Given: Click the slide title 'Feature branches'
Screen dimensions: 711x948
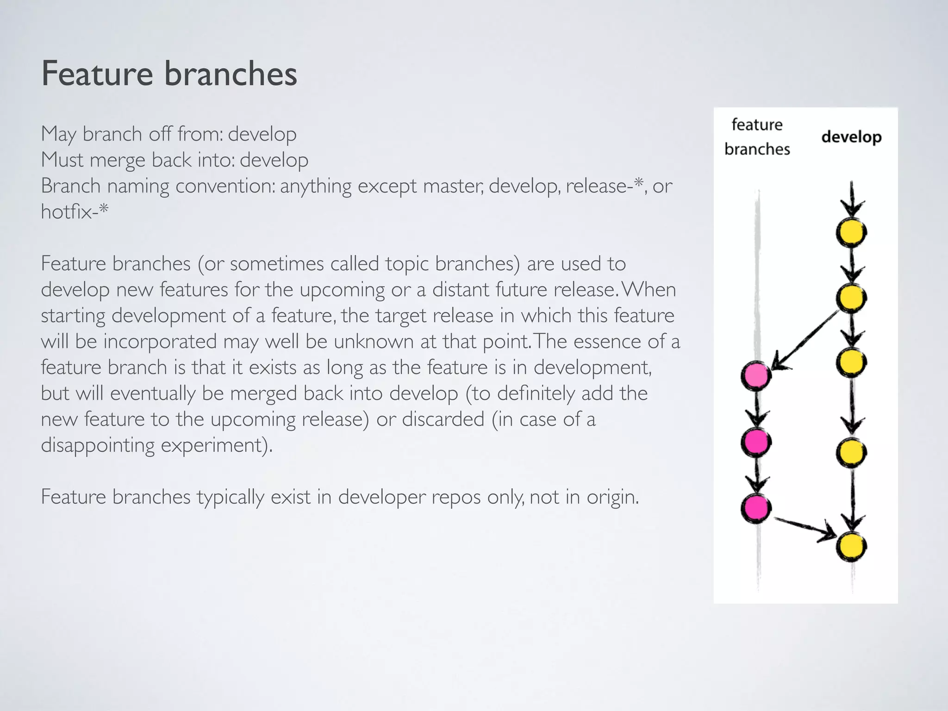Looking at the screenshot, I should [x=169, y=74].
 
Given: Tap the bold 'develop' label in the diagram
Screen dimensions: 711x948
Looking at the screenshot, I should [x=851, y=137].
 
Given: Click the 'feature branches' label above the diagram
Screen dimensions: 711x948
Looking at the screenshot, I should [x=757, y=137].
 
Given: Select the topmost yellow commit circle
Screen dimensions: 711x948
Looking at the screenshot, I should [x=851, y=232].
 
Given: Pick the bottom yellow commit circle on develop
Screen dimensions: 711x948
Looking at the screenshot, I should [x=851, y=547].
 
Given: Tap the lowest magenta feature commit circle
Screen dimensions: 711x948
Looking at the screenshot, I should [x=756, y=508].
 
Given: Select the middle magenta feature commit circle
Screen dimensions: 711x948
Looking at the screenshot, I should [x=756, y=442].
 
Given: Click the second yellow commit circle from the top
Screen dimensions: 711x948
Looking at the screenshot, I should [x=851, y=298].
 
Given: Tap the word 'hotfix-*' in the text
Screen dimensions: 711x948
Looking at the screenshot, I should [x=75, y=212].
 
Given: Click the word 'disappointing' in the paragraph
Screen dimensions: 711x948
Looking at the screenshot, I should [x=98, y=445].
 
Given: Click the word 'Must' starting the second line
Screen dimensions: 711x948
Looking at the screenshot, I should [x=62, y=160].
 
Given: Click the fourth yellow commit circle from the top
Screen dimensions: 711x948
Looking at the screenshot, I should [x=851, y=452].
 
